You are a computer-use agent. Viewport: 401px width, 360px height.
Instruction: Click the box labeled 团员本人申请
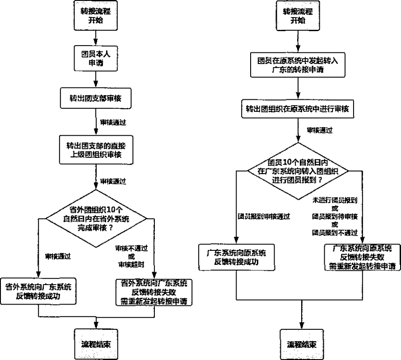(x=95, y=58)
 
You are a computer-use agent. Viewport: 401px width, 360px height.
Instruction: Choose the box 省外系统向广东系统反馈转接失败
(x=154, y=292)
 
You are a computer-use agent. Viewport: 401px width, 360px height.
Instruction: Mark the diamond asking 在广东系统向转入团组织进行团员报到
(x=298, y=171)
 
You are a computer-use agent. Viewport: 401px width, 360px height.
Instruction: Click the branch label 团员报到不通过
(x=335, y=233)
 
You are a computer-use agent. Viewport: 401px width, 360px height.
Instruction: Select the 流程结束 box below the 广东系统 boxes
(x=301, y=343)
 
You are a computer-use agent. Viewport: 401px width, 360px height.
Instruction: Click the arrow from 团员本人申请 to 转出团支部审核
(x=95, y=78)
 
